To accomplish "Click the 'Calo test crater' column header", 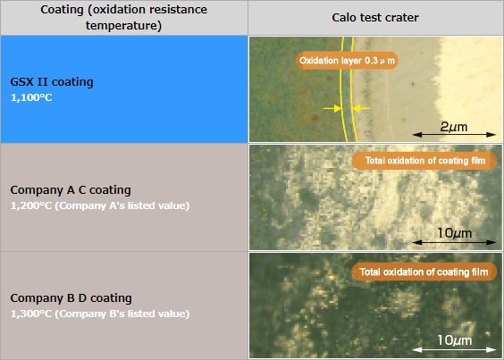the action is (375, 18).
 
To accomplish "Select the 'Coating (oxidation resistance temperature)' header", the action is (123, 18).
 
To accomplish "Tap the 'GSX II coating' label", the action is (52, 82).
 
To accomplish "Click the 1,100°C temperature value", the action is (31, 97).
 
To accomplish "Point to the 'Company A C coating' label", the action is (71, 190).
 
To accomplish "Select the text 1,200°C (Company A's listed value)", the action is (100, 205).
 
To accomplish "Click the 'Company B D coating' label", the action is (71, 298).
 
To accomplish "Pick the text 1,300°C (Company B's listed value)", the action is (100, 314).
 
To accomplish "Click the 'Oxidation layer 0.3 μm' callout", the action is (347, 61).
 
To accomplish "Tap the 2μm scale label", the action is (454, 127).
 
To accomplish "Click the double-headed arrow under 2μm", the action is (454, 135).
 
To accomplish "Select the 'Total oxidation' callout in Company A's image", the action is (424, 161).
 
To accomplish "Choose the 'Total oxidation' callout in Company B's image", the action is (424, 272).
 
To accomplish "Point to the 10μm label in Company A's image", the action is (455, 233).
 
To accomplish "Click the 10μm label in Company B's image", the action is (455, 340).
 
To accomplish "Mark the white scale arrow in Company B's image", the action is (454, 349).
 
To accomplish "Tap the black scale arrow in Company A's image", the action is (454, 242).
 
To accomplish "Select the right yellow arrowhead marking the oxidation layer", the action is (357, 108).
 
